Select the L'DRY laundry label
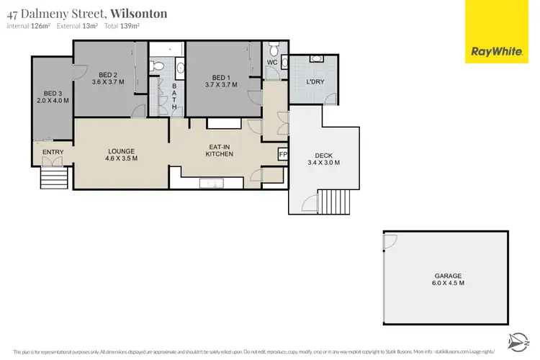(x=315, y=82)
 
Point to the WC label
(x=272, y=63)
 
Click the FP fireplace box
(x=282, y=154)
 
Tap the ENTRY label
(x=53, y=152)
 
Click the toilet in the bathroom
(x=160, y=66)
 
